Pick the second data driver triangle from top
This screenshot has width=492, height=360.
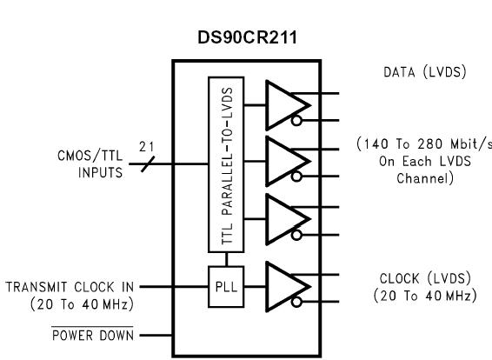(x=283, y=163)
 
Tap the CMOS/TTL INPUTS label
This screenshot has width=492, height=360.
(x=92, y=163)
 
